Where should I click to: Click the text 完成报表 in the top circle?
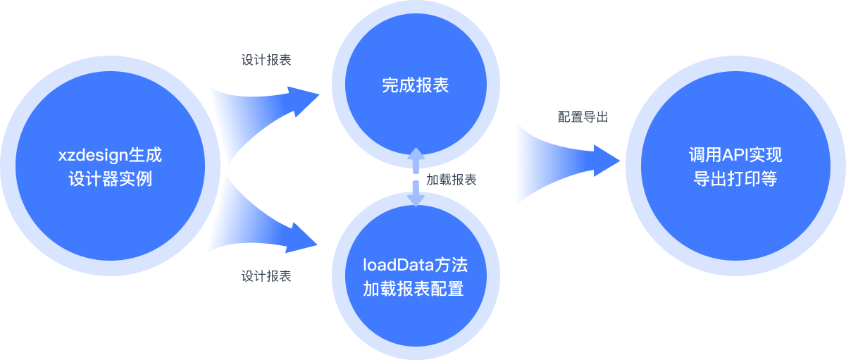tap(416, 86)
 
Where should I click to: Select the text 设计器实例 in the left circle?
tap(111, 179)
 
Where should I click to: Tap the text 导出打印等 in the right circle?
tap(735, 179)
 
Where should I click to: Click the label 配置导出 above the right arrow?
tap(583, 118)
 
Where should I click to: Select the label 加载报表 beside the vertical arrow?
tap(452, 180)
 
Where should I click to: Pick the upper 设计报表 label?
tap(266, 60)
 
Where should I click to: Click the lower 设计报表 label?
tap(266, 276)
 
